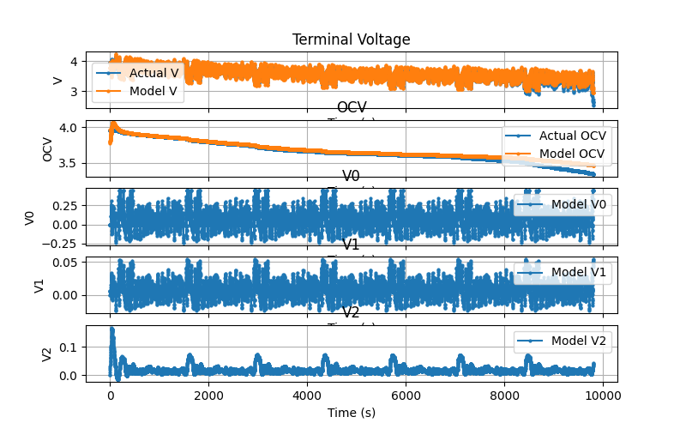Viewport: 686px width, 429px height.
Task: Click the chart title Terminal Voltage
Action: (x=352, y=39)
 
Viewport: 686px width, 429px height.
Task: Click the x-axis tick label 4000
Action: (x=307, y=397)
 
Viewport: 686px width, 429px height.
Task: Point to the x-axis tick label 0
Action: (x=110, y=397)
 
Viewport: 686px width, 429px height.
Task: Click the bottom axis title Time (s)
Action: (x=352, y=413)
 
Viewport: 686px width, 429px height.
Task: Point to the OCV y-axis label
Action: (x=48, y=149)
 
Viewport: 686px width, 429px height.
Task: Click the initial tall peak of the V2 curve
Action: (x=111, y=330)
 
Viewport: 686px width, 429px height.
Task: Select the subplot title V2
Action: (x=352, y=312)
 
